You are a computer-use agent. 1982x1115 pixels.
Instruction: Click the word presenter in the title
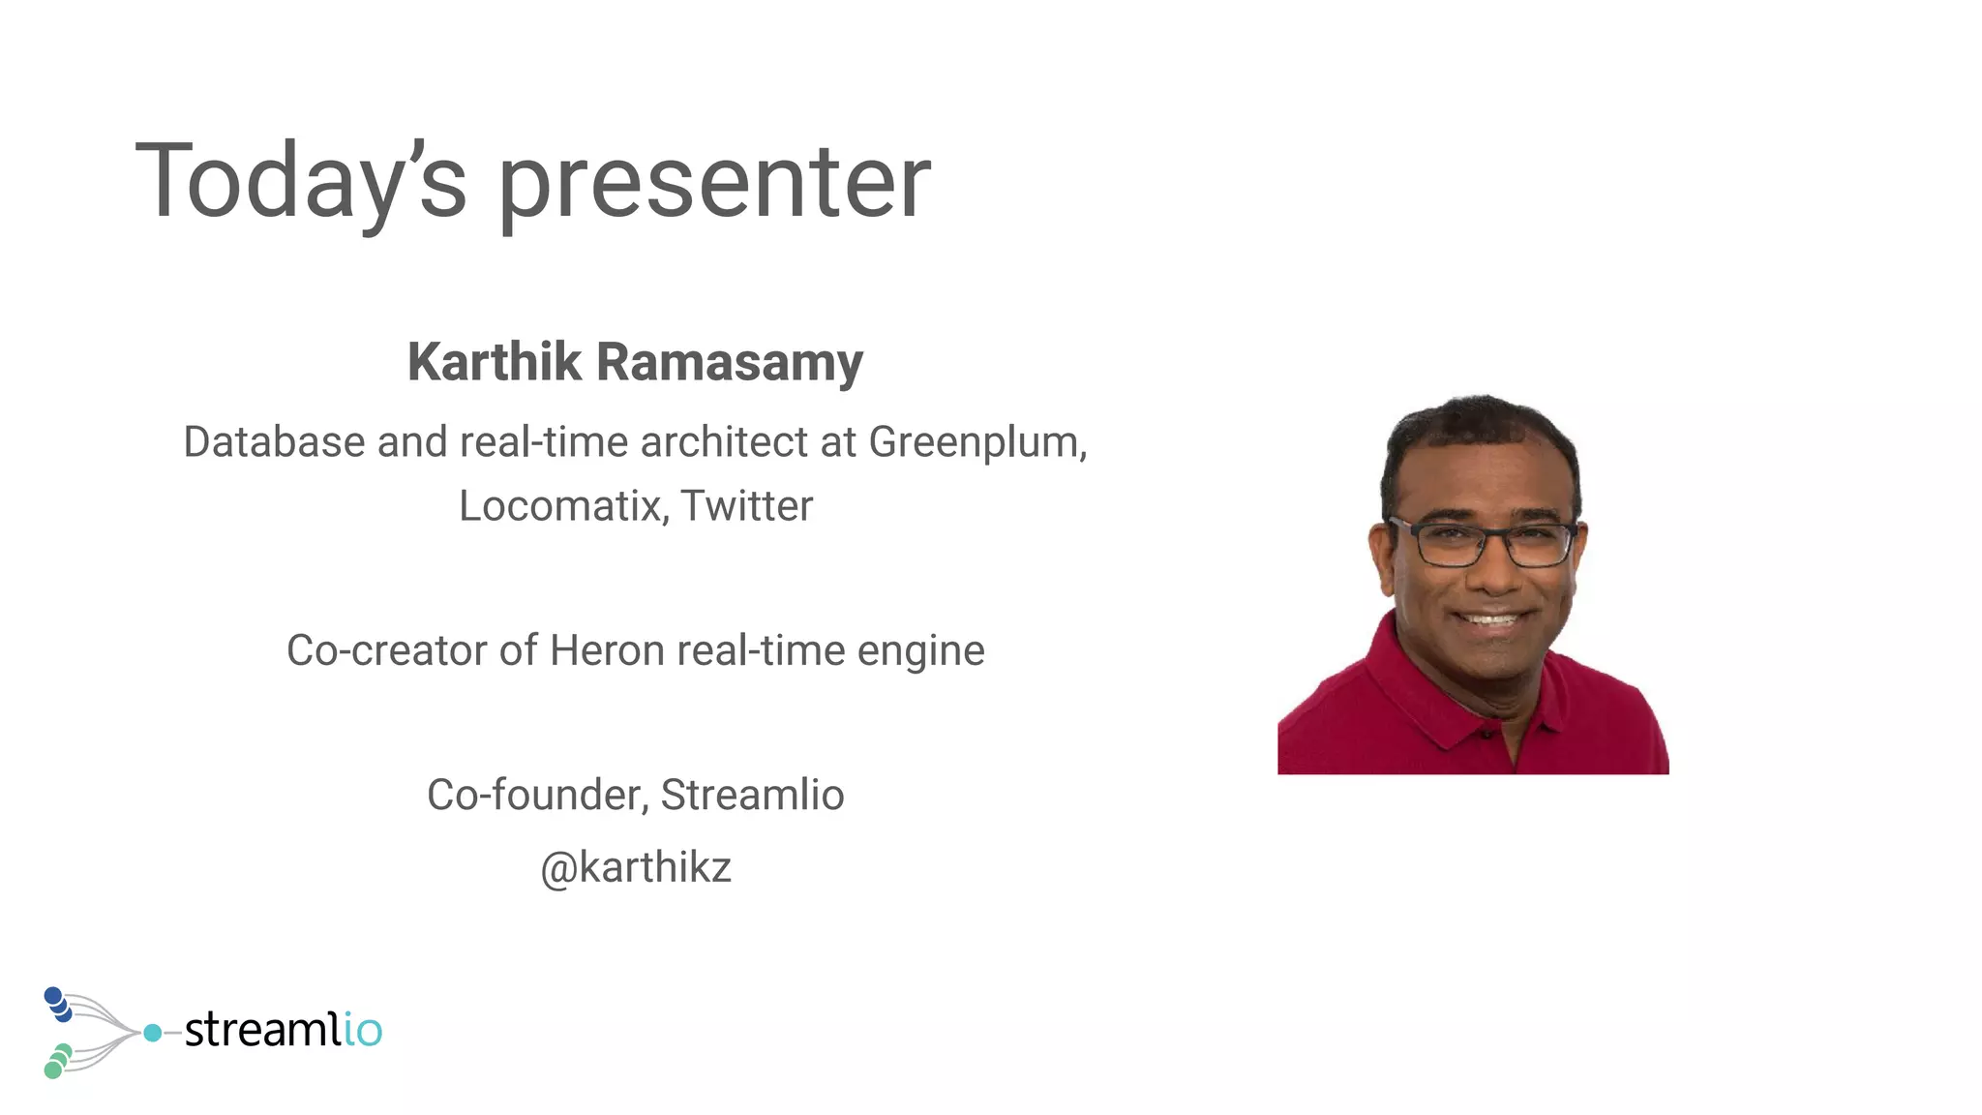click(714, 182)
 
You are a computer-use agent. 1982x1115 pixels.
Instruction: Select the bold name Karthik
click(495, 362)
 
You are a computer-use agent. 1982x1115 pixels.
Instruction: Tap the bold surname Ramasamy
click(729, 362)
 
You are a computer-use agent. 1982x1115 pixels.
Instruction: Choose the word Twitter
click(747, 505)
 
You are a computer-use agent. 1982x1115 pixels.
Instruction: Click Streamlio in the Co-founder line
click(752, 795)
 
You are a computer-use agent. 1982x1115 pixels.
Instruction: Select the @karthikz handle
click(636, 867)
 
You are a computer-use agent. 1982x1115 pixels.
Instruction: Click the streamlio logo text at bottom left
click(283, 1029)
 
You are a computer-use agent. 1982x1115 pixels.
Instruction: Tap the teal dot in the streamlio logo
click(152, 1033)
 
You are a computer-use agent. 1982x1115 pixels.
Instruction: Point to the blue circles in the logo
click(58, 1004)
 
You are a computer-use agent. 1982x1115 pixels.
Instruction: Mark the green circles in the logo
click(57, 1061)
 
